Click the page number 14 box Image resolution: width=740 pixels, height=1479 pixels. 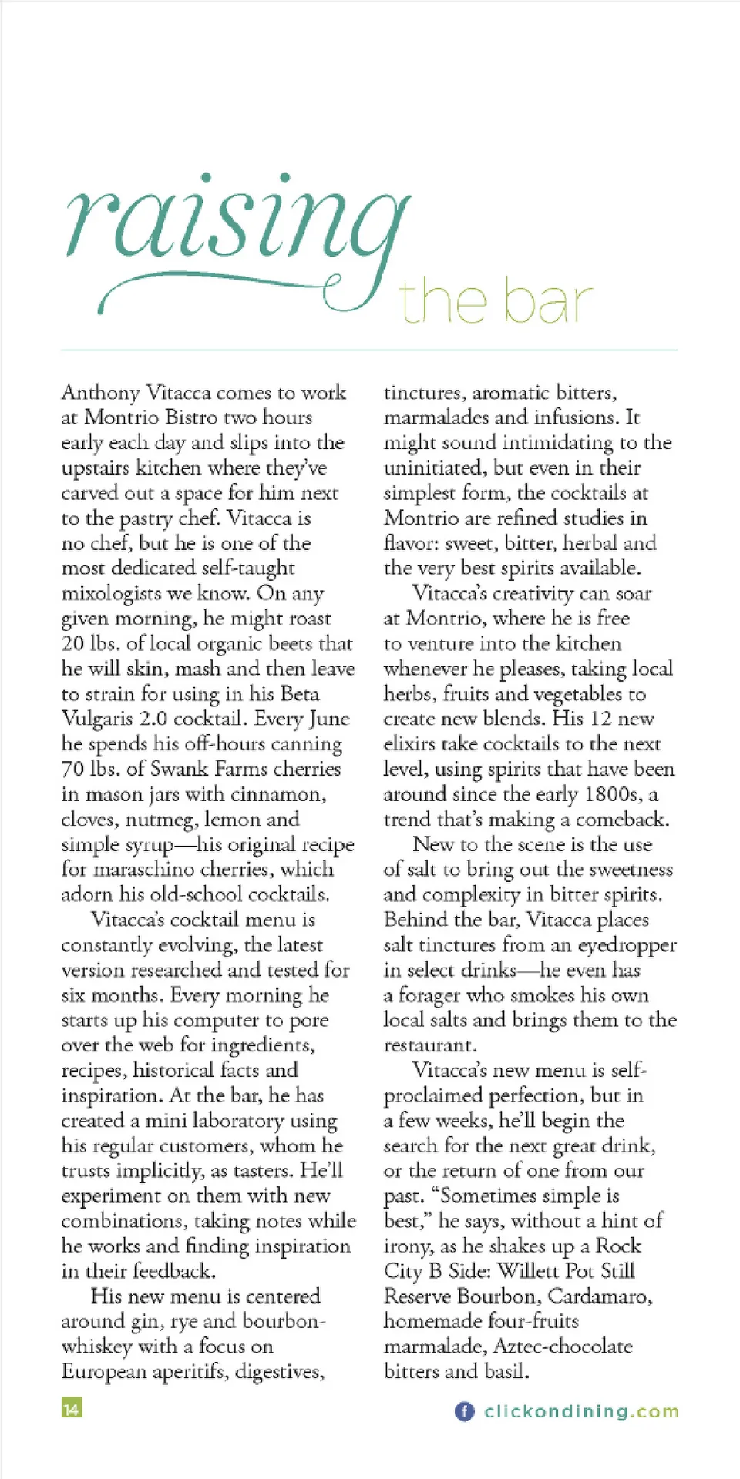(71, 1409)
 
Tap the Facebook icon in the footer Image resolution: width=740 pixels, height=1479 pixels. (464, 1411)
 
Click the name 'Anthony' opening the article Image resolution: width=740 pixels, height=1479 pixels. (100, 393)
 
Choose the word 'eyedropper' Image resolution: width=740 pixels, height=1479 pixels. (627, 945)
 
